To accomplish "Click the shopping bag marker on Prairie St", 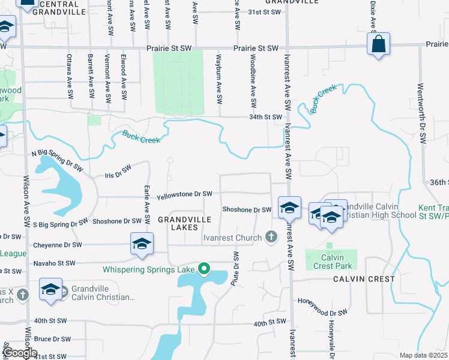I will pyautogui.click(x=379, y=44).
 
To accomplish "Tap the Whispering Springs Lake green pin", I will pyautogui.click(x=204, y=269).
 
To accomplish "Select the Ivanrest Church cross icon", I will pyautogui.click(x=271, y=238).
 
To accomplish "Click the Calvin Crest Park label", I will pyautogui.click(x=331, y=262).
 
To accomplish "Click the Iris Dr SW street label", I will pyautogui.click(x=118, y=173).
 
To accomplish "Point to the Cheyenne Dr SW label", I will pyautogui.click(x=58, y=245).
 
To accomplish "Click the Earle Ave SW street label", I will pyautogui.click(x=147, y=201).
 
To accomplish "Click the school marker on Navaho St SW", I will pyautogui.click(x=142, y=244).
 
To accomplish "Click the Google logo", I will pyautogui.click(x=20, y=353).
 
